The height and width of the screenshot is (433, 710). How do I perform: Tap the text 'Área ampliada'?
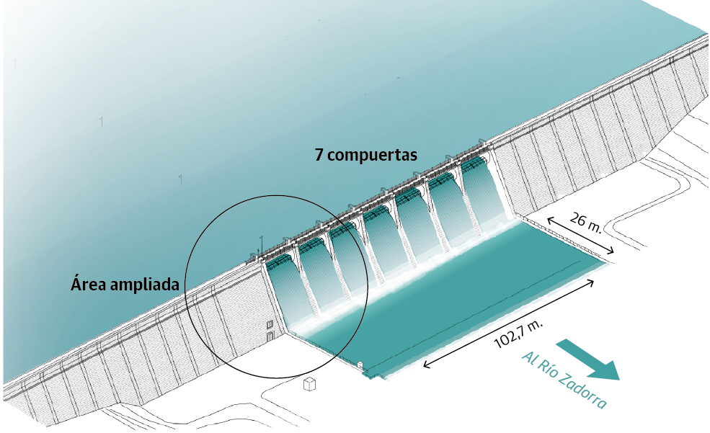pos(125,284)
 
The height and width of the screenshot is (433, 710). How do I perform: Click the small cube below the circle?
pos(311,384)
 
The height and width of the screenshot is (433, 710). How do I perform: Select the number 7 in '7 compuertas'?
pos(319,154)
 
